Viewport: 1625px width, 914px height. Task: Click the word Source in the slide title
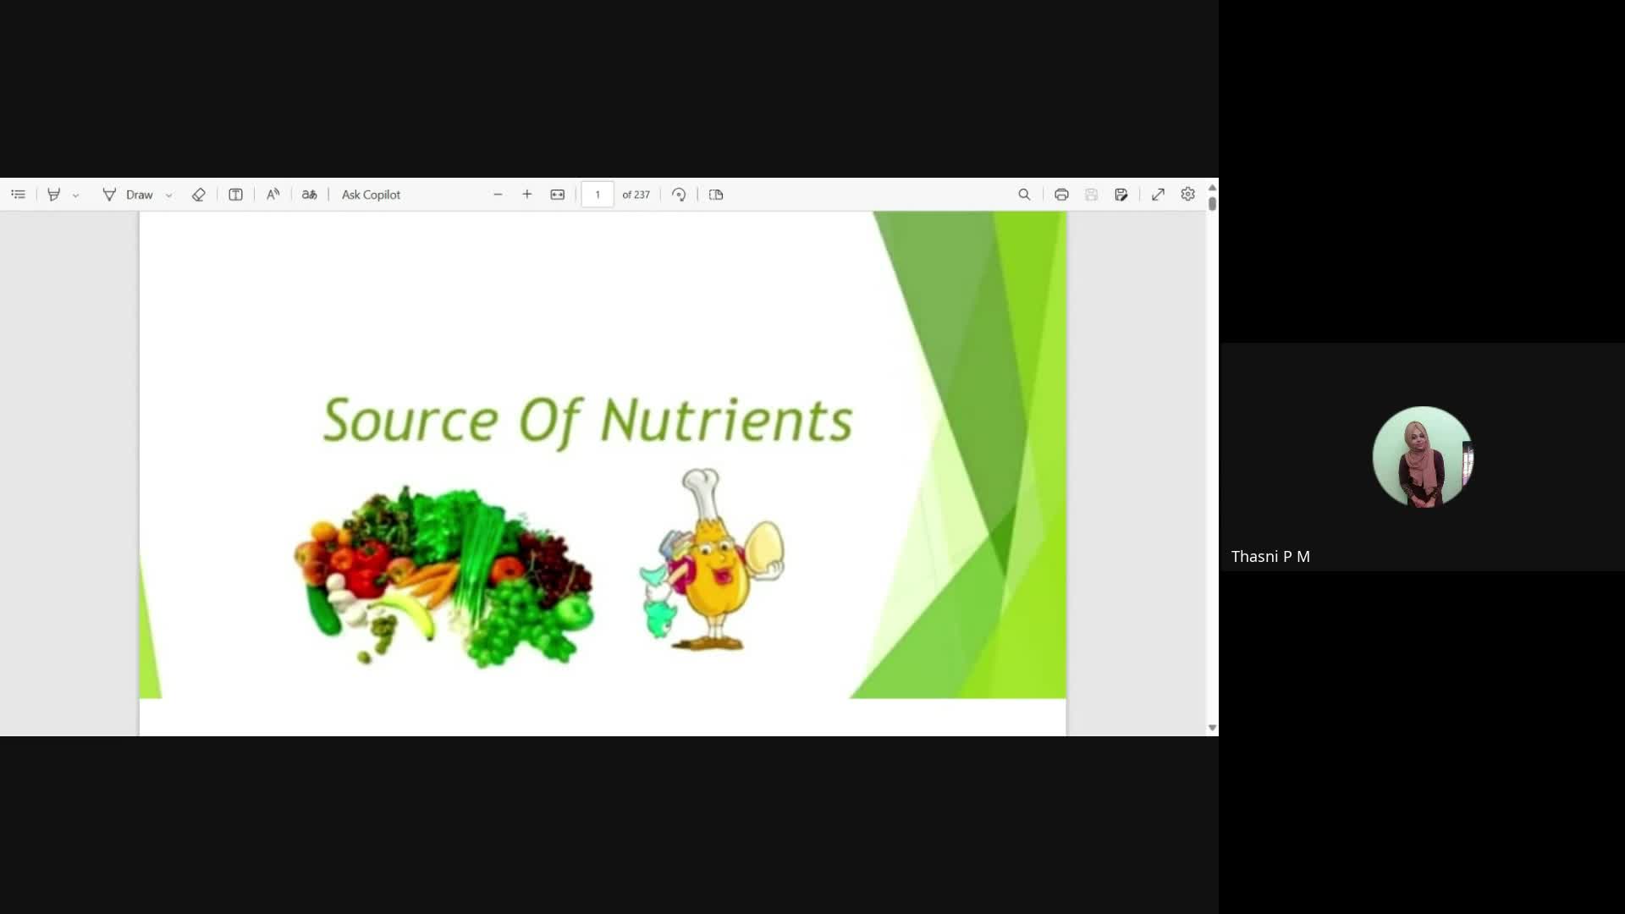[410, 420]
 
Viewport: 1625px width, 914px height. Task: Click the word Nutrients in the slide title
[726, 420]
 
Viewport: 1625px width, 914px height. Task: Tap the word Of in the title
[549, 421]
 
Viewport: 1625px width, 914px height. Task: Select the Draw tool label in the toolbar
[140, 195]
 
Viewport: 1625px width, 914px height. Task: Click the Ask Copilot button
[371, 195]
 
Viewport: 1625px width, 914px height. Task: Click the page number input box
[598, 195]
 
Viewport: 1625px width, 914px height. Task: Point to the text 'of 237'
[636, 195]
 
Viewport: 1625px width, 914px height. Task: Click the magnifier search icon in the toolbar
[1024, 195]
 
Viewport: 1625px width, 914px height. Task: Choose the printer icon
[1061, 195]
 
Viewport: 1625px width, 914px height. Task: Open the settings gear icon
[1187, 195]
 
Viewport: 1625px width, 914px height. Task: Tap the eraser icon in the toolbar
[198, 195]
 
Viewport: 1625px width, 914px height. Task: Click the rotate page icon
[679, 195]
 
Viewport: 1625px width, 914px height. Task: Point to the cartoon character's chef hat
[702, 493]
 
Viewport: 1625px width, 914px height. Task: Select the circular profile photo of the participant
[1422, 457]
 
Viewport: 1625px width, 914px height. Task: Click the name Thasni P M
[1270, 557]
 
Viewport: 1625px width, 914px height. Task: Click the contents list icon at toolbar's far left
[19, 195]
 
